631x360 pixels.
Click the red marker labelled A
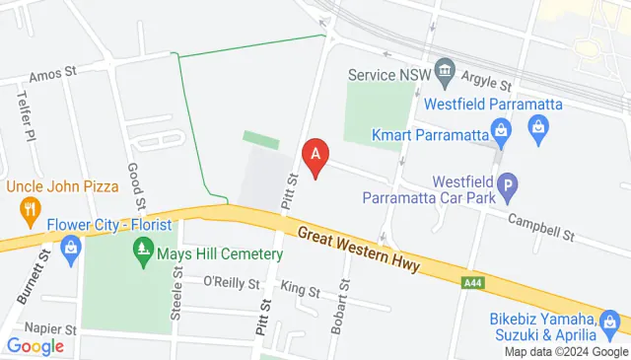point(315,157)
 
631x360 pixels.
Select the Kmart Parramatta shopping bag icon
point(502,130)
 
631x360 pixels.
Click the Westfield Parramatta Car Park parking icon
point(507,183)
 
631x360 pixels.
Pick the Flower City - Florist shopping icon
point(70,247)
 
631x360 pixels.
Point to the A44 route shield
point(474,283)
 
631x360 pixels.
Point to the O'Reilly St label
point(230,281)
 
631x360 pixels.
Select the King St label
point(301,290)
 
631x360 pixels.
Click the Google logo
point(35,345)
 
